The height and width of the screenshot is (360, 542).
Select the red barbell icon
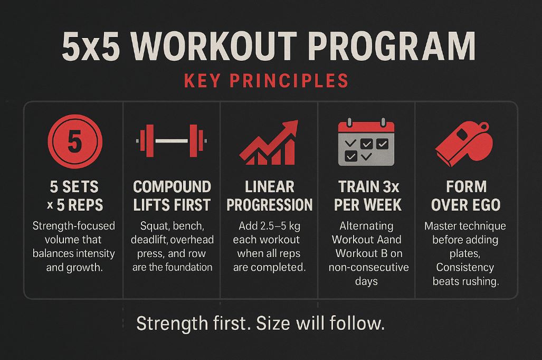click(x=172, y=141)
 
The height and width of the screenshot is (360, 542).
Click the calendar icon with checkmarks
click(x=366, y=141)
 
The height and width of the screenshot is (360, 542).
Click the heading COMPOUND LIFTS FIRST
click(x=172, y=195)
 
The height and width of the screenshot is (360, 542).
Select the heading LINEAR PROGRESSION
click(x=269, y=195)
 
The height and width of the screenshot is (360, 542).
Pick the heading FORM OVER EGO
click(x=465, y=195)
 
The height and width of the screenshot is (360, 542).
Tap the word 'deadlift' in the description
click(x=150, y=240)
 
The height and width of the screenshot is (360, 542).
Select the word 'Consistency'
click(x=465, y=268)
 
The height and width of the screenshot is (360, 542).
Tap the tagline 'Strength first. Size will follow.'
click(x=260, y=323)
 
